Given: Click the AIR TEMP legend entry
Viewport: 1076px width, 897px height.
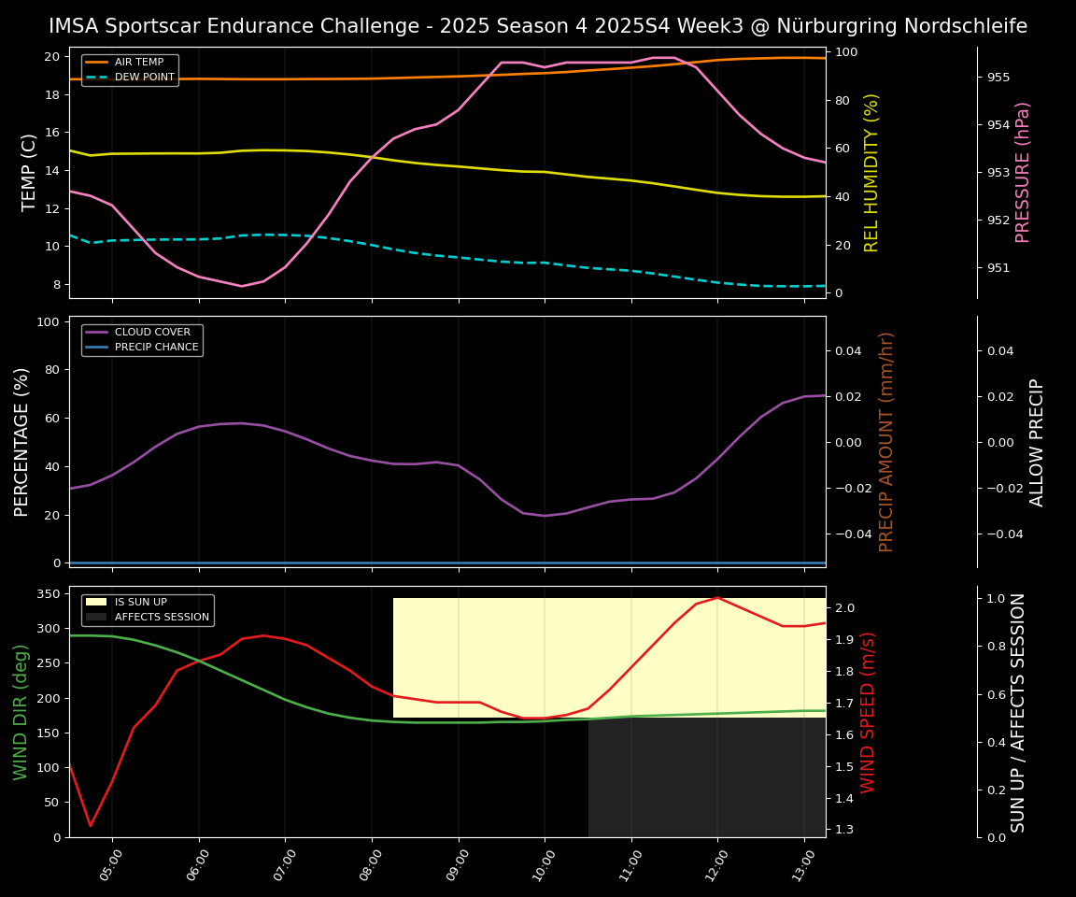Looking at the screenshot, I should (x=138, y=63).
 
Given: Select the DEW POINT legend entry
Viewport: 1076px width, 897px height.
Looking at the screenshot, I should (x=144, y=78).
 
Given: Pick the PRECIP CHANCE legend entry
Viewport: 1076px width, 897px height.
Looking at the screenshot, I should (x=156, y=348).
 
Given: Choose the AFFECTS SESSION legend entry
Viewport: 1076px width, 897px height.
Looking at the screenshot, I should (x=162, y=618).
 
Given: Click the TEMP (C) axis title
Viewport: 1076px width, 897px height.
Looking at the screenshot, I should (x=30, y=172).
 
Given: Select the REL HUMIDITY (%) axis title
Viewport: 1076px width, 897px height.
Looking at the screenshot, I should (x=871, y=172).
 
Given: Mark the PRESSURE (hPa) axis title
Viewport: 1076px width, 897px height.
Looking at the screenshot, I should (x=1023, y=172).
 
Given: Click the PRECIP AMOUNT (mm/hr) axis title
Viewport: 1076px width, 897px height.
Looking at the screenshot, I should (x=886, y=441).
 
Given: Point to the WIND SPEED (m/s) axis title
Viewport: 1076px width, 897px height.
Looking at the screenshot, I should (x=868, y=711).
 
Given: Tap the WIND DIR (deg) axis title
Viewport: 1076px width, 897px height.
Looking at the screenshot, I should (x=21, y=711).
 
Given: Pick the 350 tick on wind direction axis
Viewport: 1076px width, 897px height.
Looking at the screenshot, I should (x=50, y=593).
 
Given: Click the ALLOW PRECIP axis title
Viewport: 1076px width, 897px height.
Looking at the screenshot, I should (x=1037, y=441).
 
